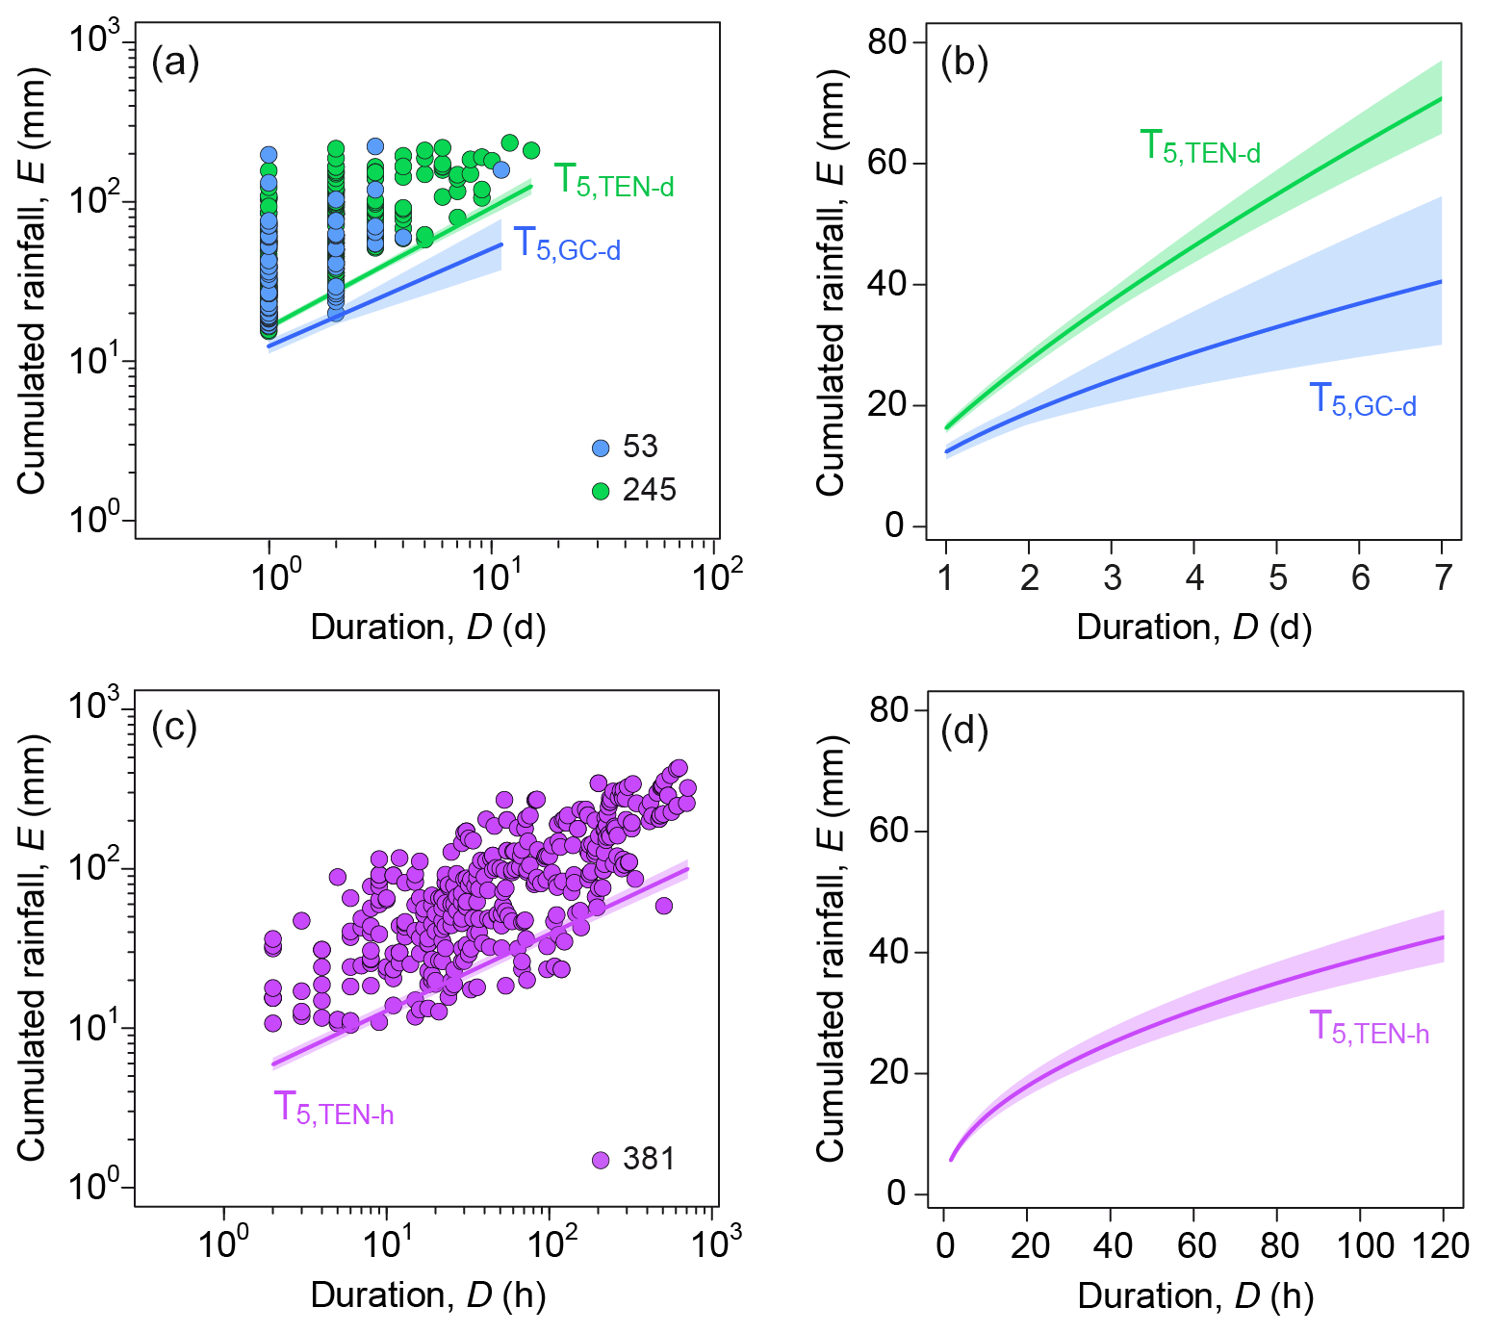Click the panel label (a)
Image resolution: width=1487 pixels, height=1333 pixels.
click(x=175, y=64)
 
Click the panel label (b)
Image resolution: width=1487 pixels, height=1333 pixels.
click(x=964, y=64)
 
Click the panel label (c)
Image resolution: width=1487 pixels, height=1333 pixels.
click(x=174, y=728)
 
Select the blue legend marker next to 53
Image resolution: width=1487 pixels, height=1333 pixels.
click(x=601, y=449)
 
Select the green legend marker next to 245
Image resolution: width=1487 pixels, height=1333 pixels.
click(x=601, y=492)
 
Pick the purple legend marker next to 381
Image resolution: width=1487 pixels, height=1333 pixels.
click(x=601, y=1160)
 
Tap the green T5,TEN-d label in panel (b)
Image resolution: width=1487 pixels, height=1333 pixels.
click(x=1199, y=147)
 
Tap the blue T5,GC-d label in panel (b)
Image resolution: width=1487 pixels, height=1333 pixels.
click(x=1363, y=399)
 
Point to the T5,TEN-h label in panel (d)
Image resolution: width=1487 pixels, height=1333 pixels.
click(x=1369, y=1028)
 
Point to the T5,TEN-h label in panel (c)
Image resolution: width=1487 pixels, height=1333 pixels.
click(x=333, y=1109)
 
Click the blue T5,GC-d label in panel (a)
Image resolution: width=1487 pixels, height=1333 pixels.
click(x=567, y=244)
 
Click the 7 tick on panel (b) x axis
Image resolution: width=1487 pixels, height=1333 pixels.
click(x=1442, y=578)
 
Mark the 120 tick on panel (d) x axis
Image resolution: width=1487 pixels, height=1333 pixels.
click(x=1441, y=1246)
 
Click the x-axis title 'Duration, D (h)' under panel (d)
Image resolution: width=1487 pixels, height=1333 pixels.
click(x=1194, y=1296)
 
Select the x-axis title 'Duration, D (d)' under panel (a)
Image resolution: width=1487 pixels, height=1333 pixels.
click(x=427, y=628)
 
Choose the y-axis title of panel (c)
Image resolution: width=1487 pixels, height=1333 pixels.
click(x=31, y=948)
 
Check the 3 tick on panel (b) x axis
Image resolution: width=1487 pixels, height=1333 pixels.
click(x=1112, y=578)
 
